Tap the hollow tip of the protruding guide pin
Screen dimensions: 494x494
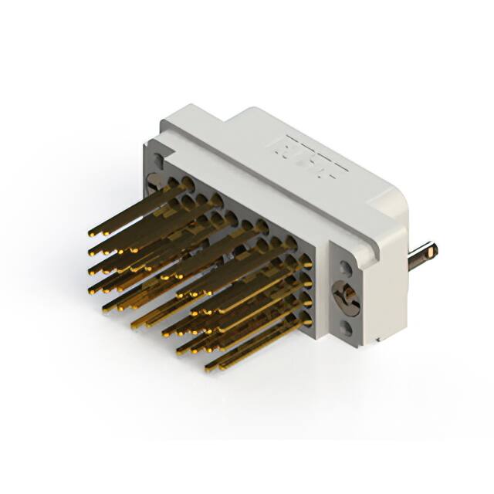[433, 249]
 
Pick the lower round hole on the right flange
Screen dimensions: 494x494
[347, 329]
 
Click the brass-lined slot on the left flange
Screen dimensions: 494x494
[154, 181]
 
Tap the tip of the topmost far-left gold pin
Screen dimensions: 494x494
[92, 232]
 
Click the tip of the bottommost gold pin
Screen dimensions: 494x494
[209, 368]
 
